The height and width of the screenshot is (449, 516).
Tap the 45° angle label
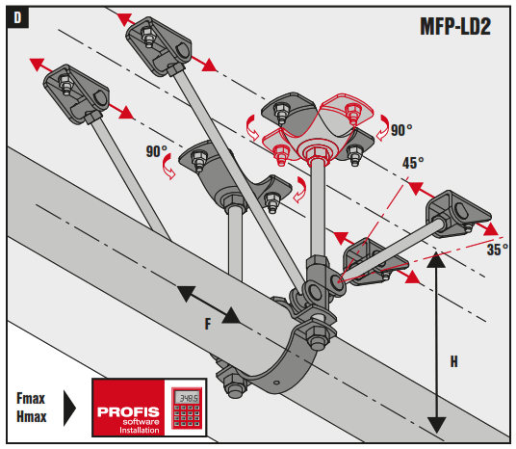click(x=413, y=164)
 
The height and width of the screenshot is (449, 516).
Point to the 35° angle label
click(x=496, y=249)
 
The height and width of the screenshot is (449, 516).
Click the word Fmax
click(x=34, y=397)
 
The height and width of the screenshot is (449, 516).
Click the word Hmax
click(x=34, y=415)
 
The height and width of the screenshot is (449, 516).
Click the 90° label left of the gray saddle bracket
click(x=158, y=152)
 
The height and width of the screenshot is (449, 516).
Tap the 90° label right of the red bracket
click(x=399, y=128)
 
